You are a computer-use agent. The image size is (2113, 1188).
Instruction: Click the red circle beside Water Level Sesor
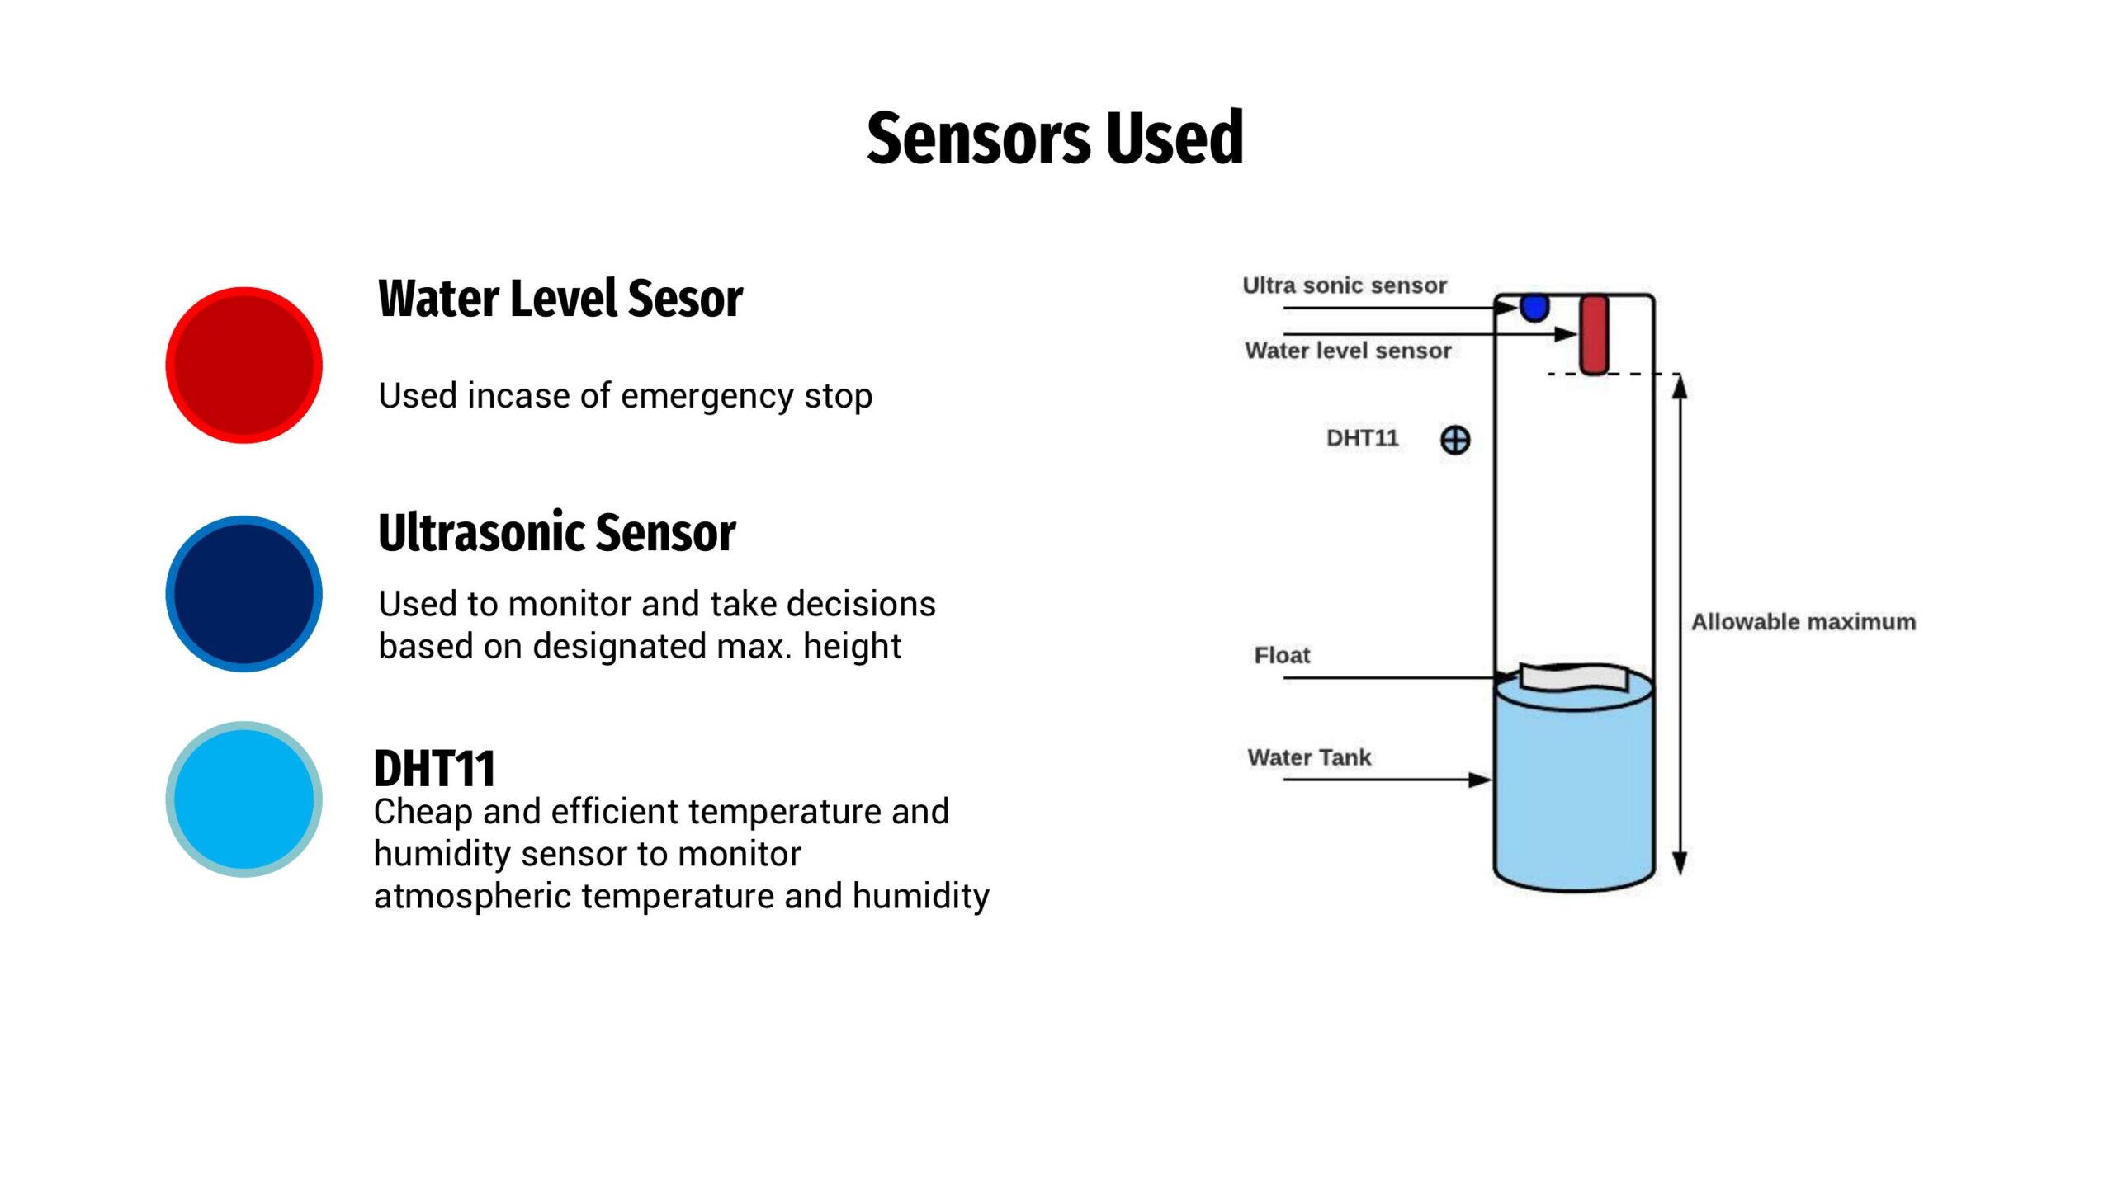(x=244, y=365)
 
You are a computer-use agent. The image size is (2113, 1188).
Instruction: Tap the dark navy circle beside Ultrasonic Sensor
(x=244, y=594)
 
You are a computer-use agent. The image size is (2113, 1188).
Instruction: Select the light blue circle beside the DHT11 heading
(x=244, y=799)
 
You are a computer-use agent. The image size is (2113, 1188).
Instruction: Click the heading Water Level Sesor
(x=560, y=298)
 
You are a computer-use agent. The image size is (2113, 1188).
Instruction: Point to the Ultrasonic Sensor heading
(x=557, y=532)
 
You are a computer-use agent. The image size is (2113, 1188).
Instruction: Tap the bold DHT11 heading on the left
(x=434, y=769)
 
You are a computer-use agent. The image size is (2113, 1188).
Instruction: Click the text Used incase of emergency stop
(x=625, y=396)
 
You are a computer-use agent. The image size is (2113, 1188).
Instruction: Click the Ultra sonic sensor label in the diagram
(x=1345, y=285)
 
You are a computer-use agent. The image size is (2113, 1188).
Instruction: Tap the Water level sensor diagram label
(x=1348, y=351)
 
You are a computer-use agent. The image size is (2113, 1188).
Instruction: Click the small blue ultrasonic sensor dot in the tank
(x=1534, y=308)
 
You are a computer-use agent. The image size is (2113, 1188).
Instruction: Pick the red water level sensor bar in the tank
(x=1594, y=335)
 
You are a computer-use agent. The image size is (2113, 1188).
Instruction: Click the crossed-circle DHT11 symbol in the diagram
(x=1455, y=440)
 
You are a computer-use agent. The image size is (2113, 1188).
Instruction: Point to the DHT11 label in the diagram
(x=1363, y=438)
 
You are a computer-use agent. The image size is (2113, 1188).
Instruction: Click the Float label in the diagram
(x=1282, y=656)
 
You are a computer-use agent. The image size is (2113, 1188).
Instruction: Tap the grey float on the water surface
(x=1574, y=678)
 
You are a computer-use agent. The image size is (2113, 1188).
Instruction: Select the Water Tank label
(x=1309, y=757)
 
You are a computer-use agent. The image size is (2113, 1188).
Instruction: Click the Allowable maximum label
(x=1803, y=622)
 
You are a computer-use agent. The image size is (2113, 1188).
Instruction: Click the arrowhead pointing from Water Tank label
(x=1481, y=780)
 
